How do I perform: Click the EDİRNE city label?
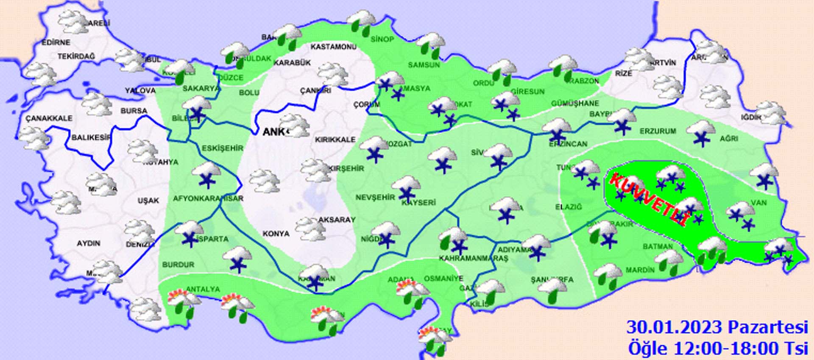(56, 42)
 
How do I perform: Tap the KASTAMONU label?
(333, 47)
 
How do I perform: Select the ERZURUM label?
(658, 131)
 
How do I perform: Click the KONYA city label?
(276, 234)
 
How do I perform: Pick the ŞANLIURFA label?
(552, 279)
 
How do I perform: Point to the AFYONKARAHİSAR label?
(208, 198)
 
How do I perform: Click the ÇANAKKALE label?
(49, 118)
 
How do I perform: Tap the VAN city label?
(758, 203)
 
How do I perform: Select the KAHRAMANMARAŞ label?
(473, 258)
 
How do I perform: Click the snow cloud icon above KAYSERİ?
(406, 189)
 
